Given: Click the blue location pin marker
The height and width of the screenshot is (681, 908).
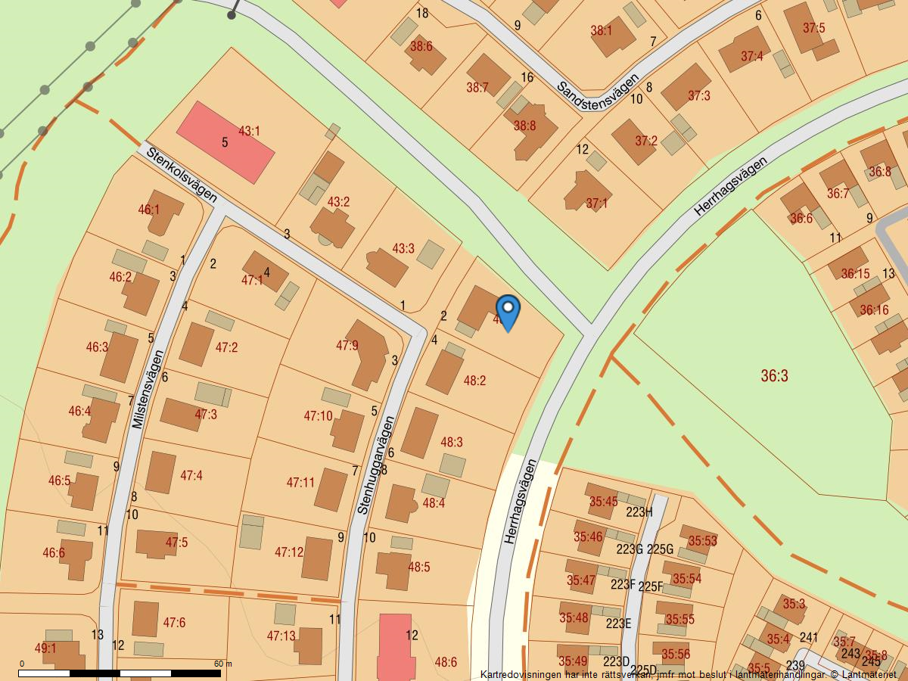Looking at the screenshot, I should (x=508, y=310).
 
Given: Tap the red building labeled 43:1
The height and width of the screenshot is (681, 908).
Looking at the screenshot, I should (x=225, y=142).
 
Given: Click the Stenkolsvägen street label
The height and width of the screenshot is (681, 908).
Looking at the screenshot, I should (x=182, y=175).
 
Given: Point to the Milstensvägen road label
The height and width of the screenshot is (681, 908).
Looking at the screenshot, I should (x=148, y=390).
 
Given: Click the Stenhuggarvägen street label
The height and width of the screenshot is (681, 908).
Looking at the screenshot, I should (x=376, y=465).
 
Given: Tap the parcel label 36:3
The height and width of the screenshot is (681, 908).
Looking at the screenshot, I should (x=774, y=376).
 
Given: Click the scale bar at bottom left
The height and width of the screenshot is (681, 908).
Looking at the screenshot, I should (x=120, y=673).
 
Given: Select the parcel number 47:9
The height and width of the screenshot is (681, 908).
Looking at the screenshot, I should (x=347, y=346).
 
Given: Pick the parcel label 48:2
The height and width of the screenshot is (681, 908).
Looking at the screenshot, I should (x=474, y=381).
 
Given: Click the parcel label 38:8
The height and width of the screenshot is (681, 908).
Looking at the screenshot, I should (x=524, y=126).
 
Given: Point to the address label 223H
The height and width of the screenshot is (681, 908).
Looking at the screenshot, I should (x=639, y=512).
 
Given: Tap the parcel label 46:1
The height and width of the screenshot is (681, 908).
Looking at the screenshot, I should (x=149, y=210).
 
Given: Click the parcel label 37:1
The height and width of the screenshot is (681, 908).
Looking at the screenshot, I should (x=596, y=204).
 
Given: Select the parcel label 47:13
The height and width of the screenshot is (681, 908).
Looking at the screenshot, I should (x=281, y=636).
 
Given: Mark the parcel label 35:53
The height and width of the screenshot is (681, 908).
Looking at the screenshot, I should (x=702, y=541).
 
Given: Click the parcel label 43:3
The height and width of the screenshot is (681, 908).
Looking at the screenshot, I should (x=403, y=248).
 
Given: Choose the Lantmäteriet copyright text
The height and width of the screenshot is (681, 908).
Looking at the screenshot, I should (x=688, y=674).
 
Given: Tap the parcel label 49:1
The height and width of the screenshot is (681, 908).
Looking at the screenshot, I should (x=45, y=648).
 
